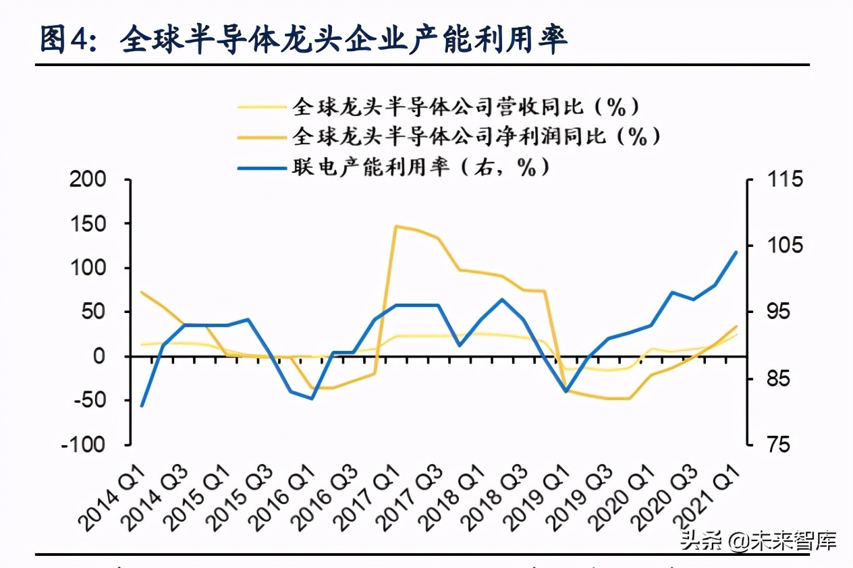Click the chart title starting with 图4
pos(304,40)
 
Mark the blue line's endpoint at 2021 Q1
pos(736,252)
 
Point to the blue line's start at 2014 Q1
pos(142,406)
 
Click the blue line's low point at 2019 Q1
pos(566,391)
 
